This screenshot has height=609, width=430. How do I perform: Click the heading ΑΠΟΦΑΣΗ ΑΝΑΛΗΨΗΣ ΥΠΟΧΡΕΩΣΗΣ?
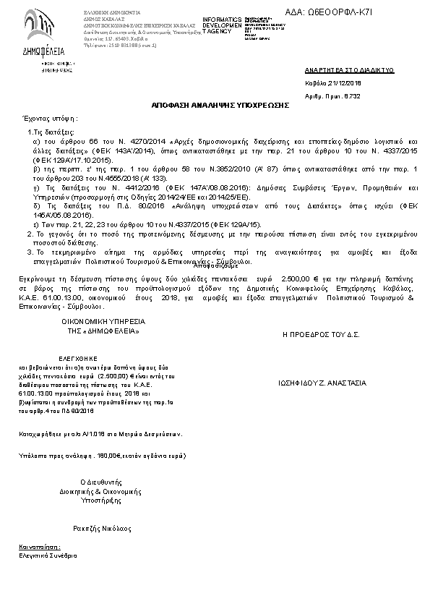(x=220, y=105)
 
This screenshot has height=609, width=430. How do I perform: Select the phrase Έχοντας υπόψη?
(x=50, y=118)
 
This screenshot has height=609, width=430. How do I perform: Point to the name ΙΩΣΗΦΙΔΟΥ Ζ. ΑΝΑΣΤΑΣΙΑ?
(x=322, y=383)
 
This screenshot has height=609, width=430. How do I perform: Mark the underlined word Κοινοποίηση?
(x=40, y=548)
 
